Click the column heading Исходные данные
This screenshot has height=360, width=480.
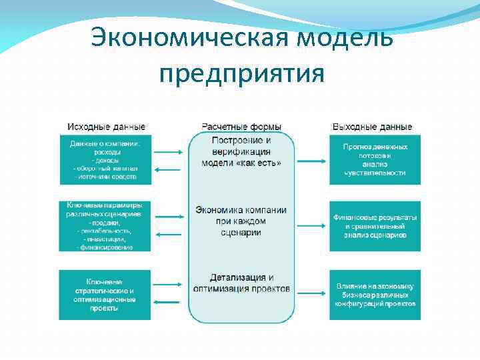coord(106,127)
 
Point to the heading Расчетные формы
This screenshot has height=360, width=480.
coord(241,127)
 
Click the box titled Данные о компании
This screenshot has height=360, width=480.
coord(105,159)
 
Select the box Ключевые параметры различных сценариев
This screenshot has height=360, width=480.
coord(105,226)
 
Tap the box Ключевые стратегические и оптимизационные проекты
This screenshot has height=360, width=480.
coord(105,295)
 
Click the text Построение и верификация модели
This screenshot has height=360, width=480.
coord(241,151)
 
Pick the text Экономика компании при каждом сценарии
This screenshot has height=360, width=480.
coord(241,221)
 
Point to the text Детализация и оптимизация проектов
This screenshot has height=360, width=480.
coord(241,283)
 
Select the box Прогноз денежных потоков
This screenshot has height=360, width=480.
coord(375,159)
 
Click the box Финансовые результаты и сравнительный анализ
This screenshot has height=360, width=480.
coord(375,226)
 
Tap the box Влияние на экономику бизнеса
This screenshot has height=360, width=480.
coord(375,295)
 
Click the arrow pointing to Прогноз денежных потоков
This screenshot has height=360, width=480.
coord(311,160)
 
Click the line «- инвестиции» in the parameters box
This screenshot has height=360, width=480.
coord(105,238)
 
